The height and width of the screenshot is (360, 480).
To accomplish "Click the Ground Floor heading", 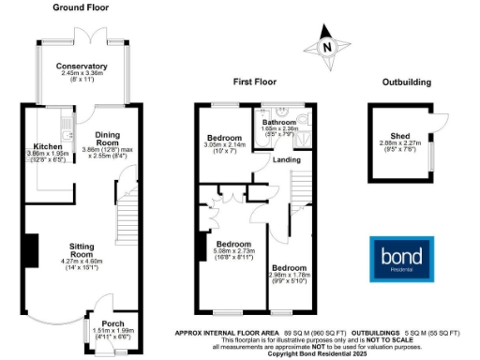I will (82, 7).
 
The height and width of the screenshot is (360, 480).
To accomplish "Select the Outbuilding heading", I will (407, 82).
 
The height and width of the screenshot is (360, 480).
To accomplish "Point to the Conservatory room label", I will (81, 67).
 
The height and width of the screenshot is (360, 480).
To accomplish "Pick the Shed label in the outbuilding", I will (400, 135).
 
